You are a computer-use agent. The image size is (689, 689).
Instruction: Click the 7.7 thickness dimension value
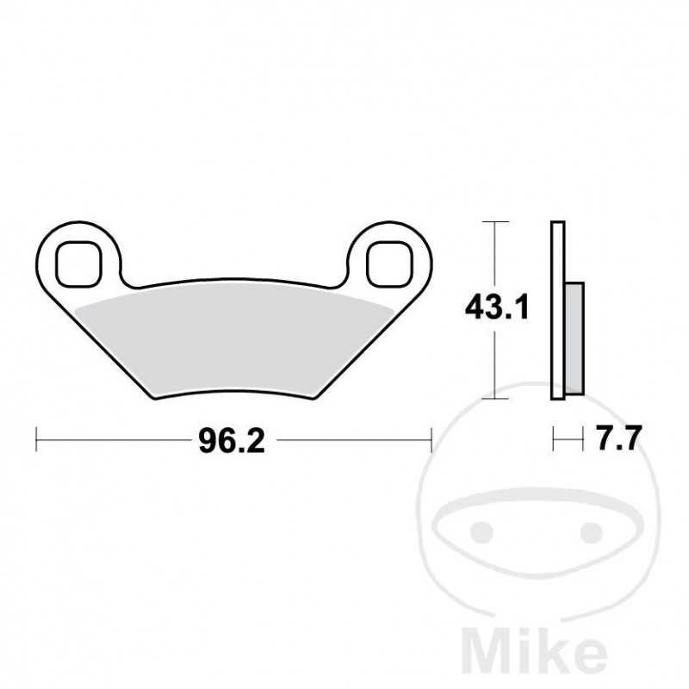[618, 441]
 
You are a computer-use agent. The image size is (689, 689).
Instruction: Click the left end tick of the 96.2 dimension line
[36, 441]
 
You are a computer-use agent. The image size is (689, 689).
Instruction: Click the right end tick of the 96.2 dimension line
[430, 441]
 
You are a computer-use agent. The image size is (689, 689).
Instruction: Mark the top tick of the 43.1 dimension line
[494, 222]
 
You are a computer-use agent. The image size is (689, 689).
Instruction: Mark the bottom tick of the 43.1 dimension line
[494, 399]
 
